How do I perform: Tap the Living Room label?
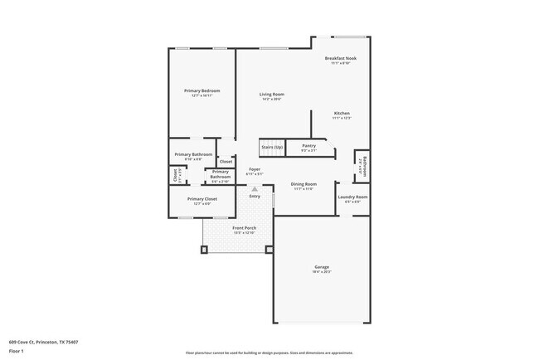(272, 95)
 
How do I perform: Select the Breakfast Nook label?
(340, 58)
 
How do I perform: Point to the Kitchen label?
(342, 113)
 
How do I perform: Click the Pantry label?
(308, 146)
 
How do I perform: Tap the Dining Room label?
(303, 183)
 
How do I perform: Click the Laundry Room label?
(352, 197)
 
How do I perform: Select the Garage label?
(321, 266)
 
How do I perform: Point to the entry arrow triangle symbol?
(255, 189)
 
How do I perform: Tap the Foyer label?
(255, 169)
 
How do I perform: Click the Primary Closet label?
(202, 199)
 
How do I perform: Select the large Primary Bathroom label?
(193, 154)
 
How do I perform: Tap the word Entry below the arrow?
(255, 197)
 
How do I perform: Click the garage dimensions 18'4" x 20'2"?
(321, 272)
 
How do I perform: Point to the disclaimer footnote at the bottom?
(269, 352)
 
